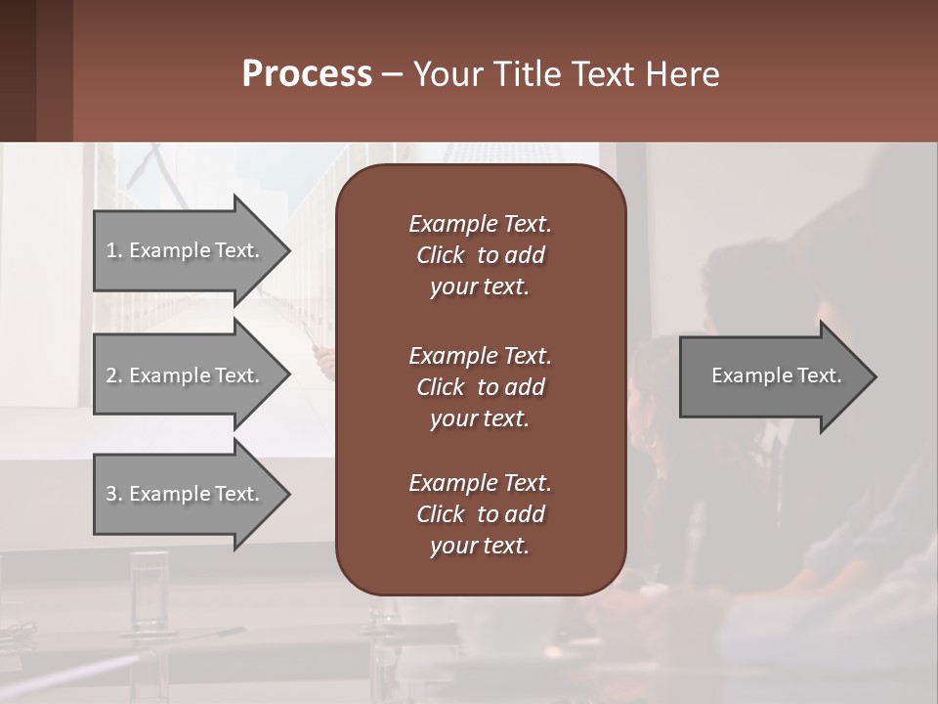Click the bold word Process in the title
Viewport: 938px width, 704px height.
click(x=307, y=74)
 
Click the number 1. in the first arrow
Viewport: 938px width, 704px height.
click(x=114, y=250)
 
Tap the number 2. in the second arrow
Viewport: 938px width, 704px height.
click(x=114, y=375)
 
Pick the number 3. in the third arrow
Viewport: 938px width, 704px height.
click(x=114, y=494)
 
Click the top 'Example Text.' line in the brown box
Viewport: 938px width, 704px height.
click(x=480, y=224)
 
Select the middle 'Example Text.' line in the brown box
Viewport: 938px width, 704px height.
click(x=480, y=355)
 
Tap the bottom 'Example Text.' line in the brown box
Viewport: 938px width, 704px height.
click(x=480, y=483)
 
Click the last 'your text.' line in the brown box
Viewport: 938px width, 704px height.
click(x=480, y=547)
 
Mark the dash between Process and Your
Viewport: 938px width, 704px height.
click(x=393, y=75)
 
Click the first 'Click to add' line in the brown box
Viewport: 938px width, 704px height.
click(x=480, y=255)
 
